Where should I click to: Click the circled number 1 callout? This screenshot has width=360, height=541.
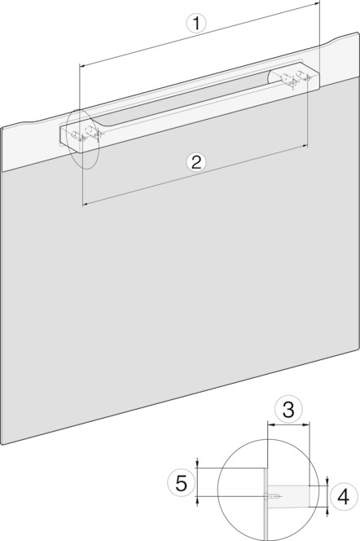click(x=196, y=24)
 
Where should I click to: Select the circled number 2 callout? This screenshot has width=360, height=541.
click(x=196, y=162)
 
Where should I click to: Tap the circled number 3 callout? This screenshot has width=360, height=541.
click(x=288, y=409)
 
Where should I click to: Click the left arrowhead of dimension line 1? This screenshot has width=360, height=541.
click(x=82, y=65)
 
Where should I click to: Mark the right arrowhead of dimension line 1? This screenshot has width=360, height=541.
click(x=318, y=3)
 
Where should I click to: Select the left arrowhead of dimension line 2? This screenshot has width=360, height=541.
click(x=86, y=205)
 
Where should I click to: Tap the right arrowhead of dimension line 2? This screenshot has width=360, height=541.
click(x=305, y=146)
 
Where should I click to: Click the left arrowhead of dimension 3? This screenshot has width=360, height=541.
click(x=270, y=425)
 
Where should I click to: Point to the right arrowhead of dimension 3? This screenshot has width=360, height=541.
click(x=307, y=425)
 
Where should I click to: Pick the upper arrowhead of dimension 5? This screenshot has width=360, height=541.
click(x=197, y=465)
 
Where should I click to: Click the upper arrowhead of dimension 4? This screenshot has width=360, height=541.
click(x=327, y=482)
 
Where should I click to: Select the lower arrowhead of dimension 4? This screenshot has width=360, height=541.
click(x=327, y=510)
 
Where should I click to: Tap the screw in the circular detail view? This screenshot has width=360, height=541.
click(x=274, y=497)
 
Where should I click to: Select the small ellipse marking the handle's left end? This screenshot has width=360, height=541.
click(x=83, y=139)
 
